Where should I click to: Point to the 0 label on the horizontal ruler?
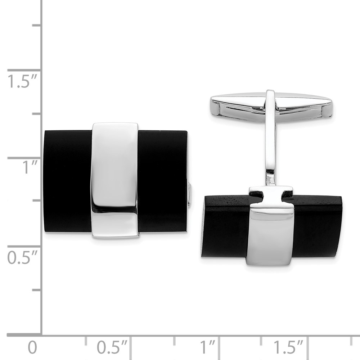pyautogui.click(x=32, y=348)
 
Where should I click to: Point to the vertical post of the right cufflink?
pyautogui.click(x=271, y=151)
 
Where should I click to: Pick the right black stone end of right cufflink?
pyautogui.click(x=317, y=227)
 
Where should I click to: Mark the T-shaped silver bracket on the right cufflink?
pyautogui.click(x=271, y=196)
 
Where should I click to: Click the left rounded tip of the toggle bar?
pyautogui.click(x=215, y=107)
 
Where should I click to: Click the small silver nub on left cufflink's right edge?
pyautogui.click(x=189, y=194)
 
